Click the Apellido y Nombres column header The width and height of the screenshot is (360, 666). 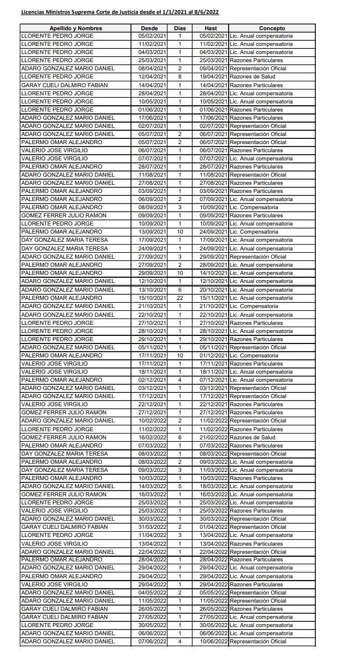(x=76, y=28)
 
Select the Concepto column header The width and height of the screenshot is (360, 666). (x=272, y=28)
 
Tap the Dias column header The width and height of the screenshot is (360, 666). (x=180, y=28)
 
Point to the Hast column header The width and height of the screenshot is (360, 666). (x=211, y=28)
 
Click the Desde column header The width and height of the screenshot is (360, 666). (x=149, y=28)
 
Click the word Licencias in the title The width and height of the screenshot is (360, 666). (x=33, y=12)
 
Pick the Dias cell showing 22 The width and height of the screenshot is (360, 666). (x=180, y=298)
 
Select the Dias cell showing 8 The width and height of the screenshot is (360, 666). (x=180, y=77)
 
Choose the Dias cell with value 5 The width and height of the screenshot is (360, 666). (x=180, y=486)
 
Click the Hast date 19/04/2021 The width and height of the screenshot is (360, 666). (x=211, y=77)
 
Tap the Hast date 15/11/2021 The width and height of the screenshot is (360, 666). (x=211, y=298)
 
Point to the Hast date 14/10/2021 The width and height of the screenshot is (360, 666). (x=211, y=273)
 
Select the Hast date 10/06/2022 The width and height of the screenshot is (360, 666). (x=211, y=642)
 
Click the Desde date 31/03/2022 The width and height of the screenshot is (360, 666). (x=149, y=527)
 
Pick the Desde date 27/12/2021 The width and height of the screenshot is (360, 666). (x=149, y=413)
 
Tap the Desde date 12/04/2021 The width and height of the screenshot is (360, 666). (x=149, y=77)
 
